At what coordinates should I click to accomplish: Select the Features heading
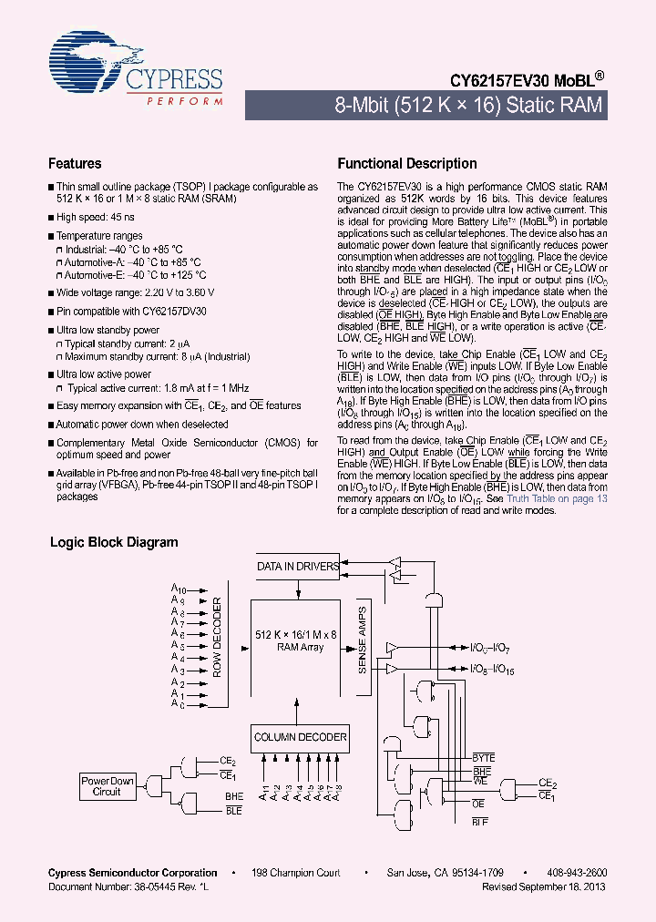click(75, 164)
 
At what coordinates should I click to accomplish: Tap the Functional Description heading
click(407, 164)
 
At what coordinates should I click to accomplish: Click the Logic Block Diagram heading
click(114, 542)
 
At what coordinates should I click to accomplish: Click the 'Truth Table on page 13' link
click(557, 498)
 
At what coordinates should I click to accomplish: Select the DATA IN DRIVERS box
click(298, 567)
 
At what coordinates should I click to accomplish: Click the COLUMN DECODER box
click(300, 737)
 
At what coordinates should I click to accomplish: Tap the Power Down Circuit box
click(108, 786)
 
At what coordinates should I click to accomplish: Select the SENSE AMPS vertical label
click(362, 640)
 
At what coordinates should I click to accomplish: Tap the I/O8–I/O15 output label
click(493, 669)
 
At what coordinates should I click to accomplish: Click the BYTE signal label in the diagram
click(483, 758)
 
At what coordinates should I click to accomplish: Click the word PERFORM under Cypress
click(185, 101)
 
